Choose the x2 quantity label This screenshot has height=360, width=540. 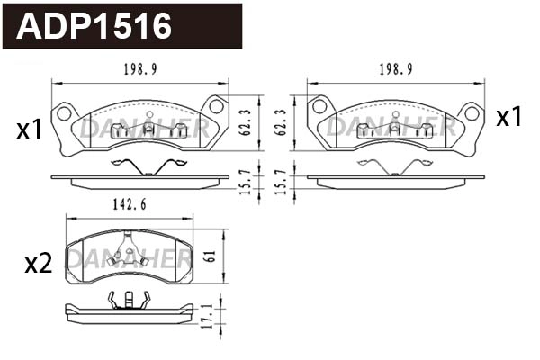coord(37,264)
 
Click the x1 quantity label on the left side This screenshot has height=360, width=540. coord(30,130)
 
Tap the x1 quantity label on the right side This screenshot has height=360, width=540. coord(509,118)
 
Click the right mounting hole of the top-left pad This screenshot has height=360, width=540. coord(216,107)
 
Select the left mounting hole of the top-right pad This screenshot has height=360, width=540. coord(319,107)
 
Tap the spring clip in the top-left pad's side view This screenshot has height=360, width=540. coord(147,166)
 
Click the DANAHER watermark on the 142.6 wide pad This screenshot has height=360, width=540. coord(129,260)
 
